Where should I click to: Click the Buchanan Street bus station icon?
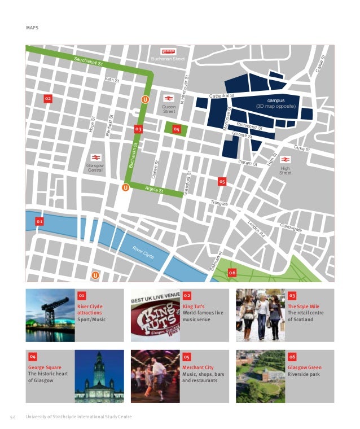tap(168, 51)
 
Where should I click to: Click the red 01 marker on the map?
tap(39, 222)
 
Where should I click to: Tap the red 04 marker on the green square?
tap(177, 130)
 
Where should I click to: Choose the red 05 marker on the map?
tap(222, 182)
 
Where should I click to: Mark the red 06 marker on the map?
tap(232, 273)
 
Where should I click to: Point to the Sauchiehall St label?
tap(88, 62)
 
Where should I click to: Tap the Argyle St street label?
tap(154, 190)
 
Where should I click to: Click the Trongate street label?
tap(219, 203)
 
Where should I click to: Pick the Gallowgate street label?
tap(291, 227)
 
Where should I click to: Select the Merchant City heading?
tap(198, 367)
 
